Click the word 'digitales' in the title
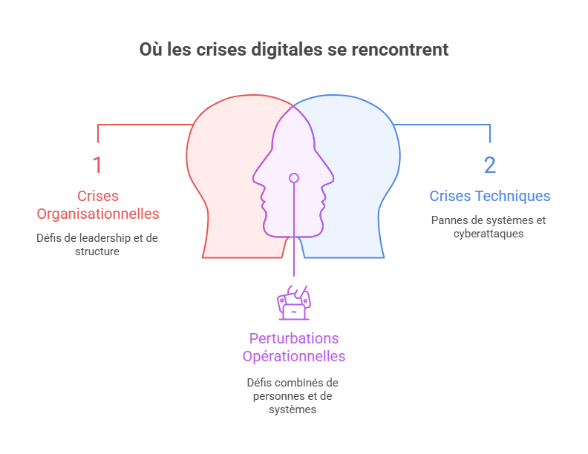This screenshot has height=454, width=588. click(x=286, y=50)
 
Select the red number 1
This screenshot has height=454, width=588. click(x=97, y=165)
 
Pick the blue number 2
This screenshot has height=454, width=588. click(x=489, y=165)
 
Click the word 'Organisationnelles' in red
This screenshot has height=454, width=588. click(x=98, y=214)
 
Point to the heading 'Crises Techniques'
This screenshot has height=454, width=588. click(x=490, y=196)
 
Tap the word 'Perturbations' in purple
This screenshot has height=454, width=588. click(x=294, y=338)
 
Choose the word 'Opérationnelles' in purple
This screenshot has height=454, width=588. click(x=294, y=356)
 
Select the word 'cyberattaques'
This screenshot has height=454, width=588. click(x=490, y=234)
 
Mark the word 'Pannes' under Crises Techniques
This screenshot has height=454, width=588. click(x=448, y=220)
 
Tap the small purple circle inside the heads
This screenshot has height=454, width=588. click(x=294, y=178)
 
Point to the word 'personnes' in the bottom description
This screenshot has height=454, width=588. click(x=276, y=396)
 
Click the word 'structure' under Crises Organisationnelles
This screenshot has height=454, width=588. click(x=97, y=251)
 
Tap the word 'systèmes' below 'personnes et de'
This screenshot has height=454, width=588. click(x=294, y=409)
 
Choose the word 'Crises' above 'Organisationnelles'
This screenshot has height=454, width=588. click(x=98, y=196)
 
